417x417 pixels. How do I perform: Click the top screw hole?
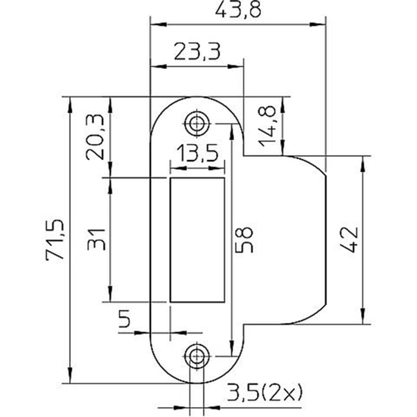point(198,123)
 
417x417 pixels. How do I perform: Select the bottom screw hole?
point(198,354)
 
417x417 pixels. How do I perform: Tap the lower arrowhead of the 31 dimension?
point(111,301)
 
